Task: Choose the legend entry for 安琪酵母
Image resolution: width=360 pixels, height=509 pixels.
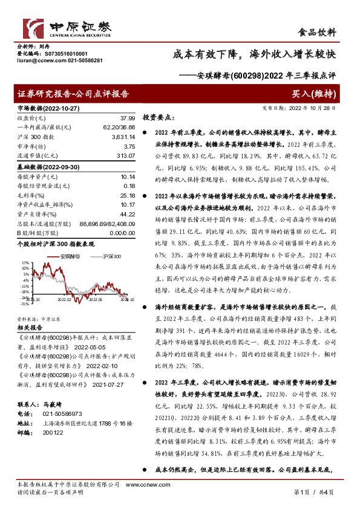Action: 68,257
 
